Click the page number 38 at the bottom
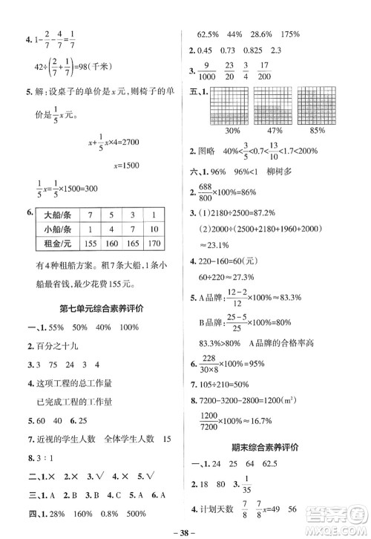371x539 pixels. pyautogui.click(x=186, y=531)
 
